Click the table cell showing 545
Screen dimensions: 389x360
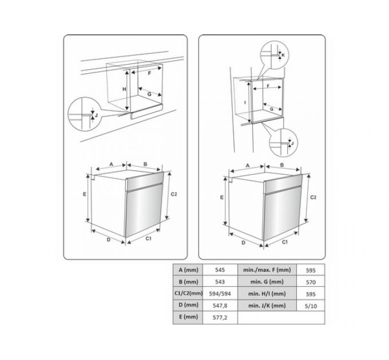[x=220, y=270]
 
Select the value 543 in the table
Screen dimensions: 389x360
[x=220, y=282]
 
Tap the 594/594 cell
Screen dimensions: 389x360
[x=220, y=294]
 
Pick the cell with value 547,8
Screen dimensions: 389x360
[x=220, y=306]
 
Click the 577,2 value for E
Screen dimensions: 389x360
[x=220, y=317]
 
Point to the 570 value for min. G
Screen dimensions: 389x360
[x=311, y=282]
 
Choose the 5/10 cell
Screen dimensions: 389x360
[x=311, y=306]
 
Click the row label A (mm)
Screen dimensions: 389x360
[x=189, y=270]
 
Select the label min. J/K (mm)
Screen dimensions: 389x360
[x=267, y=306]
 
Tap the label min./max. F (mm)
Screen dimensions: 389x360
[x=267, y=270]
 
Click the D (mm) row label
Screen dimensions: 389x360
[x=189, y=305]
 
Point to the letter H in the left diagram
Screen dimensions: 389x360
[x=124, y=89]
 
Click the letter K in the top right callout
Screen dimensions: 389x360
[x=283, y=55]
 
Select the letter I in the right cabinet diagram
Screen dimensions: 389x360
[x=245, y=102]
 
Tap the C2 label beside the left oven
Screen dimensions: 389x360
[x=174, y=194]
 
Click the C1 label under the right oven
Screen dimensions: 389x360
[x=285, y=242]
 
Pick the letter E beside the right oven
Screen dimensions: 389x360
[x=222, y=198]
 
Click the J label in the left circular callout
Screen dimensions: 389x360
[x=96, y=115]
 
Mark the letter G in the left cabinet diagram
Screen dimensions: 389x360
[x=149, y=94]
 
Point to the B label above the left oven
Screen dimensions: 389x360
[x=145, y=164]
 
